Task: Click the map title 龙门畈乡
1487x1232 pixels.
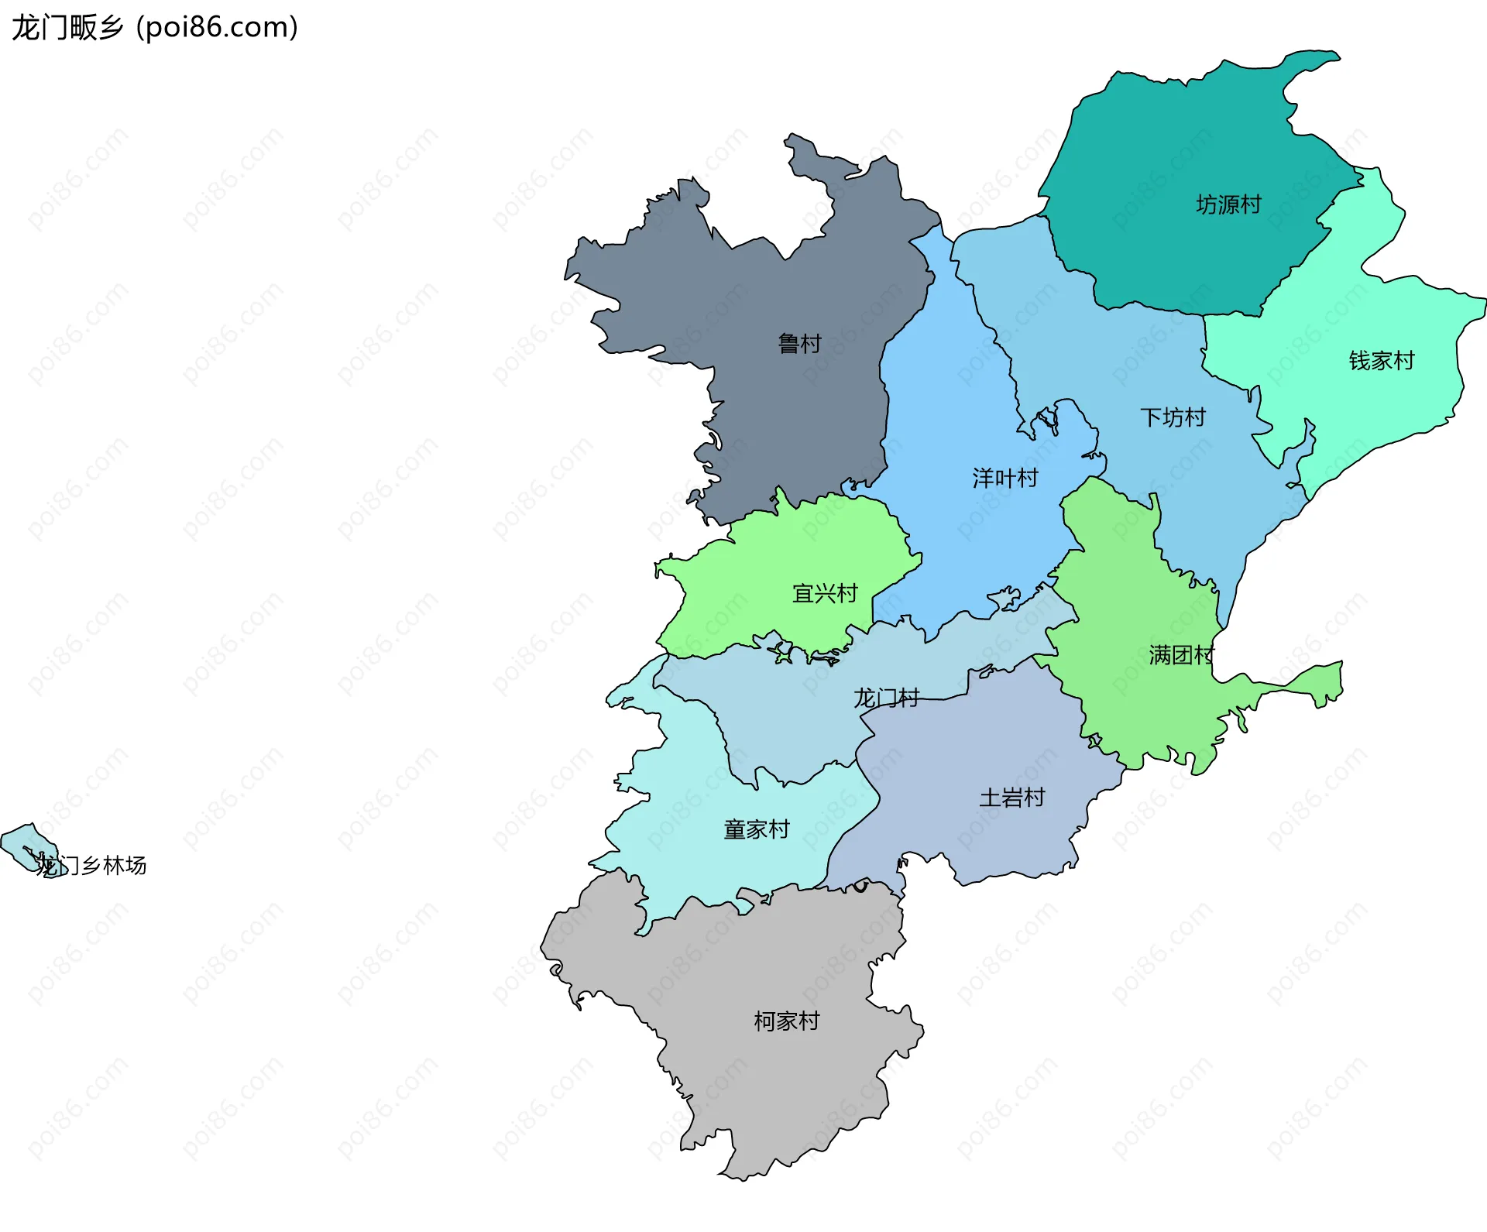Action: [68, 28]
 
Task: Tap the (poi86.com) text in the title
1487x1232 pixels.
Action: [218, 28]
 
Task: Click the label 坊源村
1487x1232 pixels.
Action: [1228, 204]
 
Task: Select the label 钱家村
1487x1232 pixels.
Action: [1381, 361]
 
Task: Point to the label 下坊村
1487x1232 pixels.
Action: [1173, 418]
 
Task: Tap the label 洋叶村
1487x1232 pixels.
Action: [1005, 479]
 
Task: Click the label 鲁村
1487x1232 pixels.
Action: [799, 344]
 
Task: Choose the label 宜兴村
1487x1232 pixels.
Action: [825, 594]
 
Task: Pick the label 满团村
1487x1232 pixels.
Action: [1181, 656]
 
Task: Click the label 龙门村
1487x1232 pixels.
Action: [886, 698]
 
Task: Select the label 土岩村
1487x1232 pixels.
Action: [1011, 798]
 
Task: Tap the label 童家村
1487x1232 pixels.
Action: [756, 830]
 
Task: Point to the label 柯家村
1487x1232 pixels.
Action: [786, 1021]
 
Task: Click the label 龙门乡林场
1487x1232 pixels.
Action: [91, 866]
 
